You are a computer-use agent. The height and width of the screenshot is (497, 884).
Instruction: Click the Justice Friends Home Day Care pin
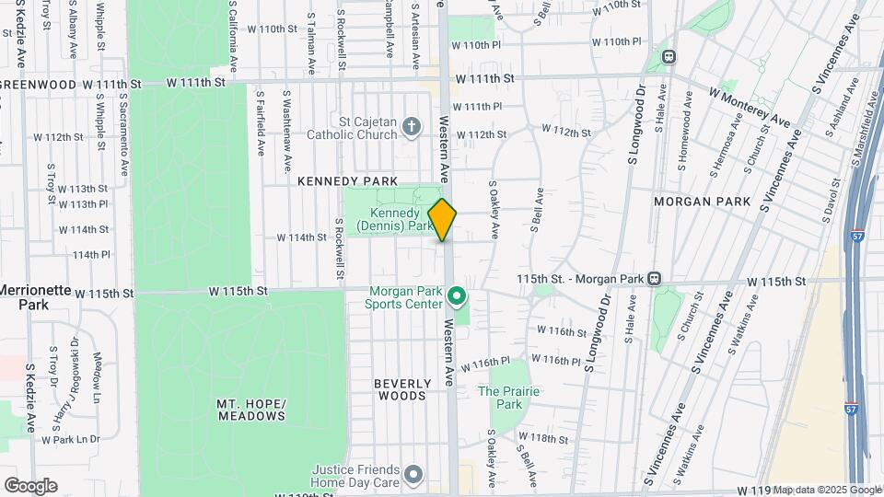pyautogui.click(x=413, y=475)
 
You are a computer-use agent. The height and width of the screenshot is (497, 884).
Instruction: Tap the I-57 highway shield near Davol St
pyautogui.click(x=857, y=235)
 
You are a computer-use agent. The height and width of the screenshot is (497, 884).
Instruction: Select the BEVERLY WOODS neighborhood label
pyautogui.click(x=401, y=390)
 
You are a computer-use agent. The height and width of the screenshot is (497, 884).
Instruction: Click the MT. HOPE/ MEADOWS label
pyautogui.click(x=250, y=410)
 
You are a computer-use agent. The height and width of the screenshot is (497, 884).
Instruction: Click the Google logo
pyautogui.click(x=29, y=485)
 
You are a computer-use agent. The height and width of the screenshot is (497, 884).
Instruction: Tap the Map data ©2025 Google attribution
pyautogui.click(x=826, y=490)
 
